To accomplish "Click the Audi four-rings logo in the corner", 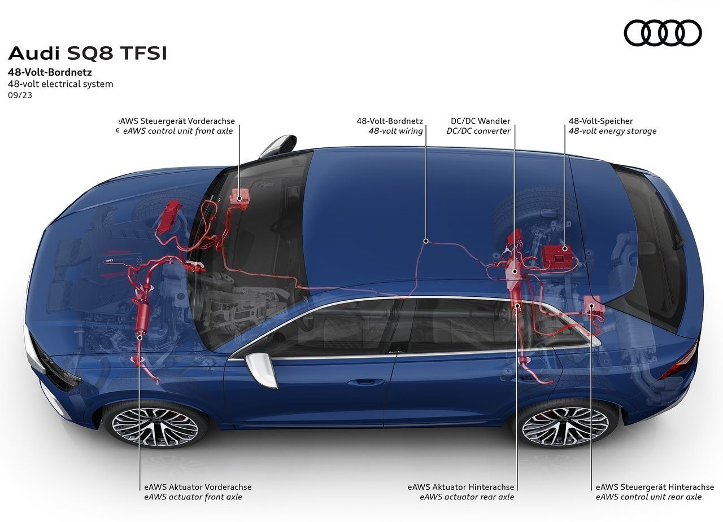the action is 663,33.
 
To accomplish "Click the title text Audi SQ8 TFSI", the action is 88,54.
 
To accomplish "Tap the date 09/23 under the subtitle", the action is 20,95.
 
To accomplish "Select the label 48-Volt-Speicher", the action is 600,121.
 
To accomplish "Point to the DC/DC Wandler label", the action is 480,121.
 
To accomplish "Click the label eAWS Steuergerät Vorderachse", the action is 177,121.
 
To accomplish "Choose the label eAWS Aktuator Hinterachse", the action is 460,487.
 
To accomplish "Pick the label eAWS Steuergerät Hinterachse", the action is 655,487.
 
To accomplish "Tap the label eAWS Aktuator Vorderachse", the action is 198,487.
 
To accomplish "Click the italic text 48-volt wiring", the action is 396,131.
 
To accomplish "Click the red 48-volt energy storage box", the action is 557,257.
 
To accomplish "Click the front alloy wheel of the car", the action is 155,427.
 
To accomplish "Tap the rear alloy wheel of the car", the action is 565,427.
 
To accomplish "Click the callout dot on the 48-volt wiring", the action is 426,241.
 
